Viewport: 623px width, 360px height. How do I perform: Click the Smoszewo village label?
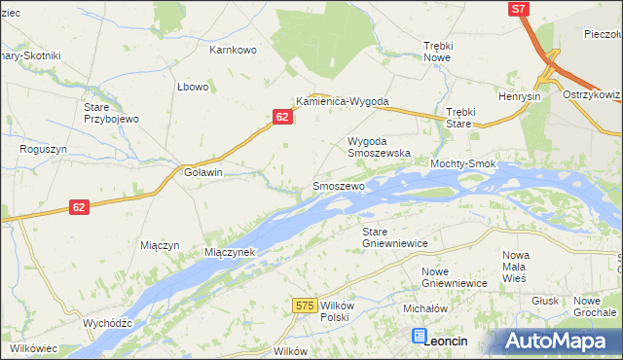coord(338,185)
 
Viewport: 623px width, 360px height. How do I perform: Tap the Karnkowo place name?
coord(233,49)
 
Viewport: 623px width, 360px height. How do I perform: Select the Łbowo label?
coord(193,87)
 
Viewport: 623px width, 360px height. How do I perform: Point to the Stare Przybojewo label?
coord(111,111)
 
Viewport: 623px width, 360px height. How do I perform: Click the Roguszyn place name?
coord(43,150)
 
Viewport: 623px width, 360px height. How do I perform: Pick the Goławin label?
coord(203,172)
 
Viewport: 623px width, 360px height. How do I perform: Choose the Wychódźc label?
coord(107,322)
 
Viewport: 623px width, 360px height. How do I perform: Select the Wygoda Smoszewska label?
coord(380,147)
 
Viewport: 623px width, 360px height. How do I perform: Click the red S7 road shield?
coord(520,9)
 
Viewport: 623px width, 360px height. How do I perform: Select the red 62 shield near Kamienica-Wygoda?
coord(281,117)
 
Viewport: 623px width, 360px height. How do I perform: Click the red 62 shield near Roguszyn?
coord(80,207)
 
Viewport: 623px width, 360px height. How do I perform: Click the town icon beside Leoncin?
coord(420,337)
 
